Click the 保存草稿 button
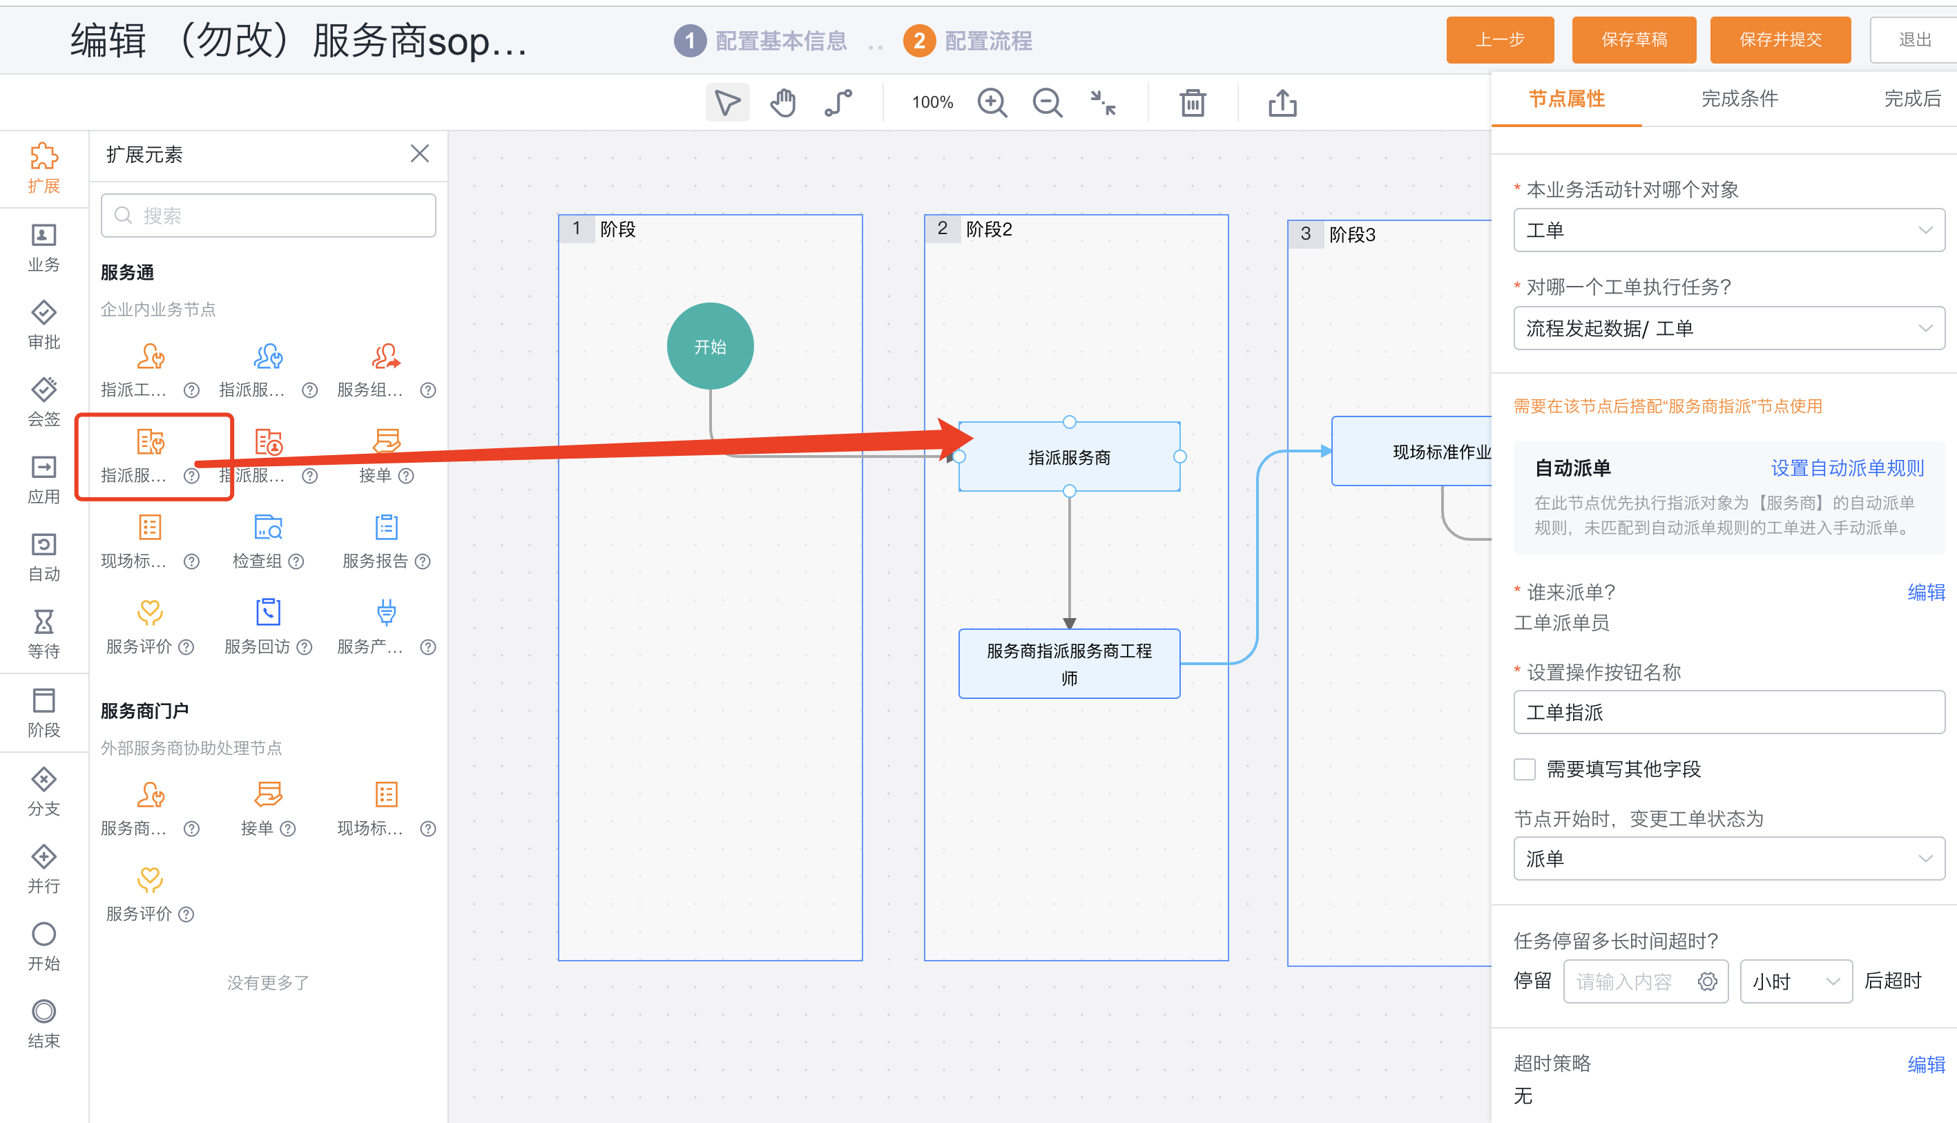[1633, 39]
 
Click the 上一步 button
[1499, 39]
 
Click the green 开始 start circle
[710, 346]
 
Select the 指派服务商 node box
[1069, 457]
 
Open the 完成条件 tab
[1739, 99]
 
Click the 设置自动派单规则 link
[1847, 468]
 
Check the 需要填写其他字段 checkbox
[1525, 769]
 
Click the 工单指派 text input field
[1728, 712]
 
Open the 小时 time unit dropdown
[1796, 981]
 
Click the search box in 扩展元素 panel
[269, 215]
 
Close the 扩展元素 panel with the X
[419, 153]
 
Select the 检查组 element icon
[269, 528]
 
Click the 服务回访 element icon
[269, 613]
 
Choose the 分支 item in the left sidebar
[44, 792]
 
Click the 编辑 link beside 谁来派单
[1926, 593]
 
